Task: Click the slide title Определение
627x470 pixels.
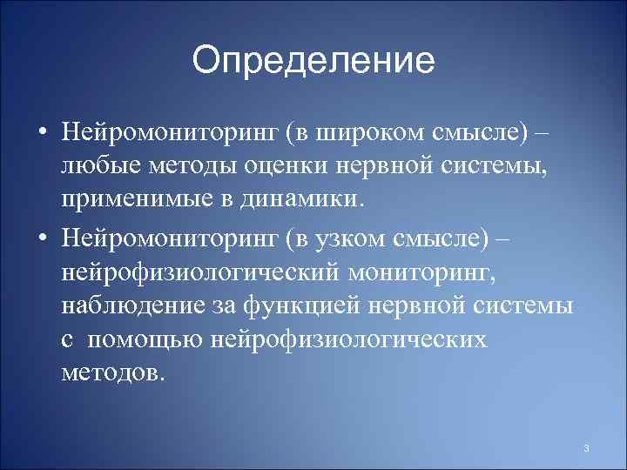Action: coord(313,62)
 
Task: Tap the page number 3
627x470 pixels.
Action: coord(586,448)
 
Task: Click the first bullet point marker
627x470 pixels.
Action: coord(42,135)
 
